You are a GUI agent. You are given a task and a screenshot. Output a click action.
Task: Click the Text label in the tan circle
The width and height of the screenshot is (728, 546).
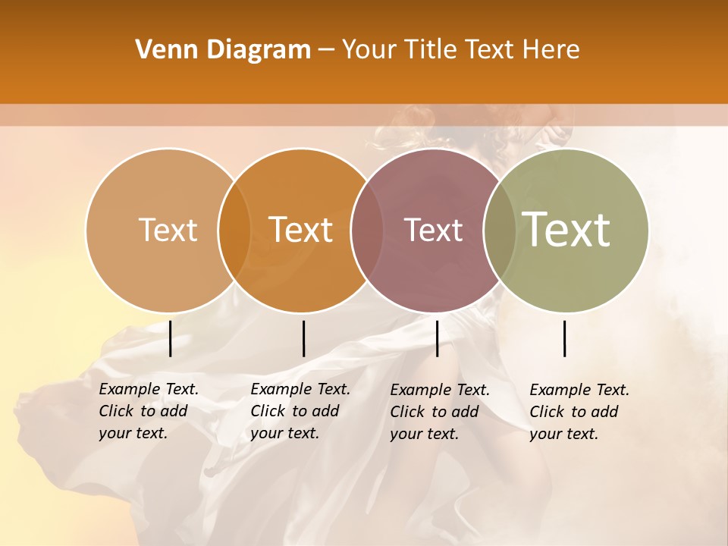click(x=168, y=230)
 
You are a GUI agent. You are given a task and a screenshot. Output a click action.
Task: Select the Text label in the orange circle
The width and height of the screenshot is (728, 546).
click(x=301, y=230)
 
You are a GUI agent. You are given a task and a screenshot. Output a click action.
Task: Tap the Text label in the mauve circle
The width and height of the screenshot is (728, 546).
click(x=434, y=230)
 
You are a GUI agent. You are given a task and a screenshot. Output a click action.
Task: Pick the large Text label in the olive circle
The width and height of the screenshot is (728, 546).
click(x=566, y=230)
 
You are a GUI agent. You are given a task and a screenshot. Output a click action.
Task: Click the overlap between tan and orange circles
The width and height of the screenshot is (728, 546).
click(x=234, y=230)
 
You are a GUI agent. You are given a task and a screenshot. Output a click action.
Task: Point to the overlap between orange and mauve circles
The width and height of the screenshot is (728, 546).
click(x=367, y=230)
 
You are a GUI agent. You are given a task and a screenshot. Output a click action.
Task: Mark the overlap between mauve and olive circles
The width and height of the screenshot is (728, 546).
click(x=500, y=230)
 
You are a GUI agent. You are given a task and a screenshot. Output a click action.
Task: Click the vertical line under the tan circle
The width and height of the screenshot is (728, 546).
click(x=171, y=338)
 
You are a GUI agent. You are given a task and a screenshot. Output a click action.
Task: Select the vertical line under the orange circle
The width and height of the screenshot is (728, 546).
click(x=303, y=338)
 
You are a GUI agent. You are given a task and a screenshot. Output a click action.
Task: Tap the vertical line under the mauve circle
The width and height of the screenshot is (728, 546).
click(x=437, y=338)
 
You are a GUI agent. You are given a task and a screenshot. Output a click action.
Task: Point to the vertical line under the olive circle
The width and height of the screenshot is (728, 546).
click(x=565, y=338)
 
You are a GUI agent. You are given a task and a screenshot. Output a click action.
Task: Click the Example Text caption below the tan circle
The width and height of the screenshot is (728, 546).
click(x=149, y=411)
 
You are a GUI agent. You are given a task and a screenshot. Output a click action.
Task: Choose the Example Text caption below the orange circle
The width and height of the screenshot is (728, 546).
click(x=300, y=411)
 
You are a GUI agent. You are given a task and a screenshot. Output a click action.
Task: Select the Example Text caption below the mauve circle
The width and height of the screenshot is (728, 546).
click(x=440, y=412)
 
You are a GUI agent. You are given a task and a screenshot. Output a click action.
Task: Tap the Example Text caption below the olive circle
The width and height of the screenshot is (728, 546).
click(x=579, y=412)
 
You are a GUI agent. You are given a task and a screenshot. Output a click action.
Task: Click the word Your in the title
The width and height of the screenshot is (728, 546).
click(x=369, y=50)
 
